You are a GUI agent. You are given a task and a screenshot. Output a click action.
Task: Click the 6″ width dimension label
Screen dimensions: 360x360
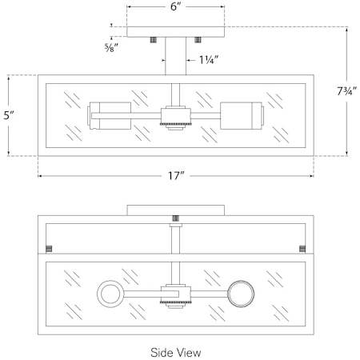[175, 7]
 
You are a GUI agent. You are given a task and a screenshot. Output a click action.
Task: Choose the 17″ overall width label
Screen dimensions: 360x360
[176, 176]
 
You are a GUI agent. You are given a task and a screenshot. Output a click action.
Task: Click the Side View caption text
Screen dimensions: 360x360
[175, 351]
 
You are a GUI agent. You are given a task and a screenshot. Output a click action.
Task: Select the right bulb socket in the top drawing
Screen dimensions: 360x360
[241, 116]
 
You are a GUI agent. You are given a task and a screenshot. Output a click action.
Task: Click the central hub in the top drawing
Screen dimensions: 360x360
[176, 117]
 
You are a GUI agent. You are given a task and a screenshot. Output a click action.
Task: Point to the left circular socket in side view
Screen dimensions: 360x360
[110, 294]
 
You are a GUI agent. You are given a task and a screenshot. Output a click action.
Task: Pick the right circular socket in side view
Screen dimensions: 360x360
[241, 294]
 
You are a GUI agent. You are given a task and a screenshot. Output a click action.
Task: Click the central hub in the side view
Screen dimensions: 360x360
[176, 294]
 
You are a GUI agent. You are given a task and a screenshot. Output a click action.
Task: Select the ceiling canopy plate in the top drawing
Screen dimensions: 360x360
[175, 33]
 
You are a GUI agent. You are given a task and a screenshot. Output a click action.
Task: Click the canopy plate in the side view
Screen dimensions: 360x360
[175, 210]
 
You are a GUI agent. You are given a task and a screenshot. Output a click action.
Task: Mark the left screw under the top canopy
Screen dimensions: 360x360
[153, 40]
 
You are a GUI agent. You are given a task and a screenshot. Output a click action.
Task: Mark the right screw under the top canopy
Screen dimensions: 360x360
[198, 40]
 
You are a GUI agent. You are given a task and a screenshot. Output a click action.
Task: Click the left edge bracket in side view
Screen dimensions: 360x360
[48, 246]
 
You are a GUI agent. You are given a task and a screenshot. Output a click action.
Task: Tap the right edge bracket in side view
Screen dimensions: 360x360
[302, 246]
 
